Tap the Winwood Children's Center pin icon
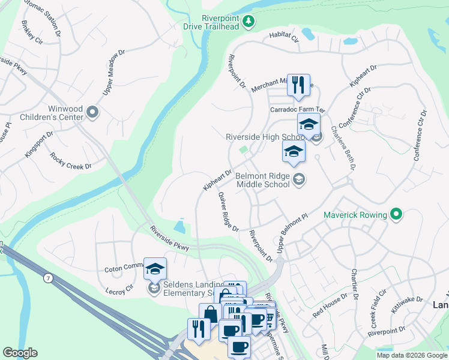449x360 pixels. click(x=92, y=112)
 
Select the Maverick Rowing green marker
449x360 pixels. click(x=396, y=214)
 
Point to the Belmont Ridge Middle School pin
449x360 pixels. click(x=298, y=179)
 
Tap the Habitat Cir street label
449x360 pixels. click(x=283, y=38)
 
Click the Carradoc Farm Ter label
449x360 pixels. click(x=297, y=110)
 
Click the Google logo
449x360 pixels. click(x=20, y=353)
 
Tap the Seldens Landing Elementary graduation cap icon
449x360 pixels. click(x=155, y=269)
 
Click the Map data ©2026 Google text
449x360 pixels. click(x=412, y=355)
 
